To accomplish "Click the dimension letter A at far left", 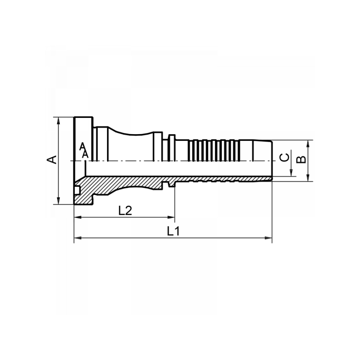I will point(52,160).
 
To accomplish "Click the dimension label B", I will point(302,160).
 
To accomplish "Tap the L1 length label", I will point(173,231).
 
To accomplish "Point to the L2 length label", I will point(125,211).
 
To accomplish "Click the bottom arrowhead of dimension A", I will point(58,201).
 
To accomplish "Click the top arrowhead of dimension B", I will point(308,143).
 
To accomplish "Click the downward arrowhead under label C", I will point(292,173).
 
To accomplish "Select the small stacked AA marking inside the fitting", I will point(84,150).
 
